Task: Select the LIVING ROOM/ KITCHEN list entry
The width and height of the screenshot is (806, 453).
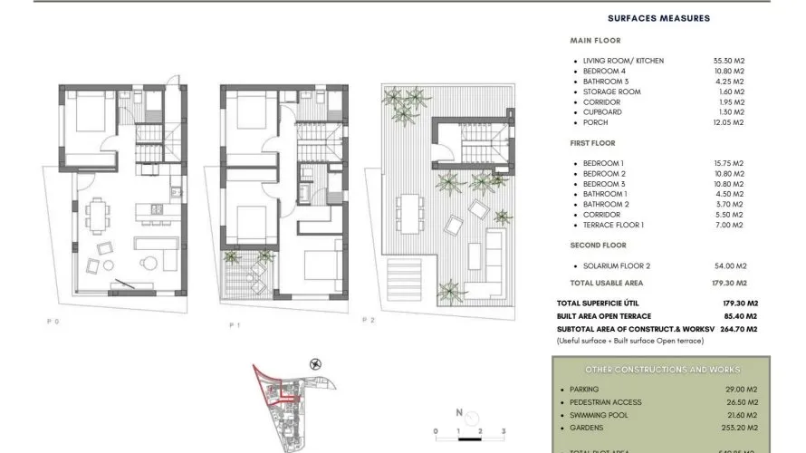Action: tap(623, 61)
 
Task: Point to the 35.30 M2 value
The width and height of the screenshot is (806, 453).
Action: tap(728, 61)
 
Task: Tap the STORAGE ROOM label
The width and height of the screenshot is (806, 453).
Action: tap(611, 92)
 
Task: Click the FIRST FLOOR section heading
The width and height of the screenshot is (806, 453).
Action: tap(593, 143)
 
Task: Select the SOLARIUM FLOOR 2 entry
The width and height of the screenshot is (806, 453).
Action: tap(618, 265)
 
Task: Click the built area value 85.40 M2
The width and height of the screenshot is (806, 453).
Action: tap(741, 315)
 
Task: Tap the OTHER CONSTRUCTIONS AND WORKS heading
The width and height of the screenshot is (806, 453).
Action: tap(662, 370)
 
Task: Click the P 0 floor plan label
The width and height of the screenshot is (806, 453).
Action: tap(53, 321)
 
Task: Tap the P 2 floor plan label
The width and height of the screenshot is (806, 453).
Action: tap(369, 320)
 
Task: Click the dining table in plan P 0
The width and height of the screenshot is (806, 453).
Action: tap(98, 216)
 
